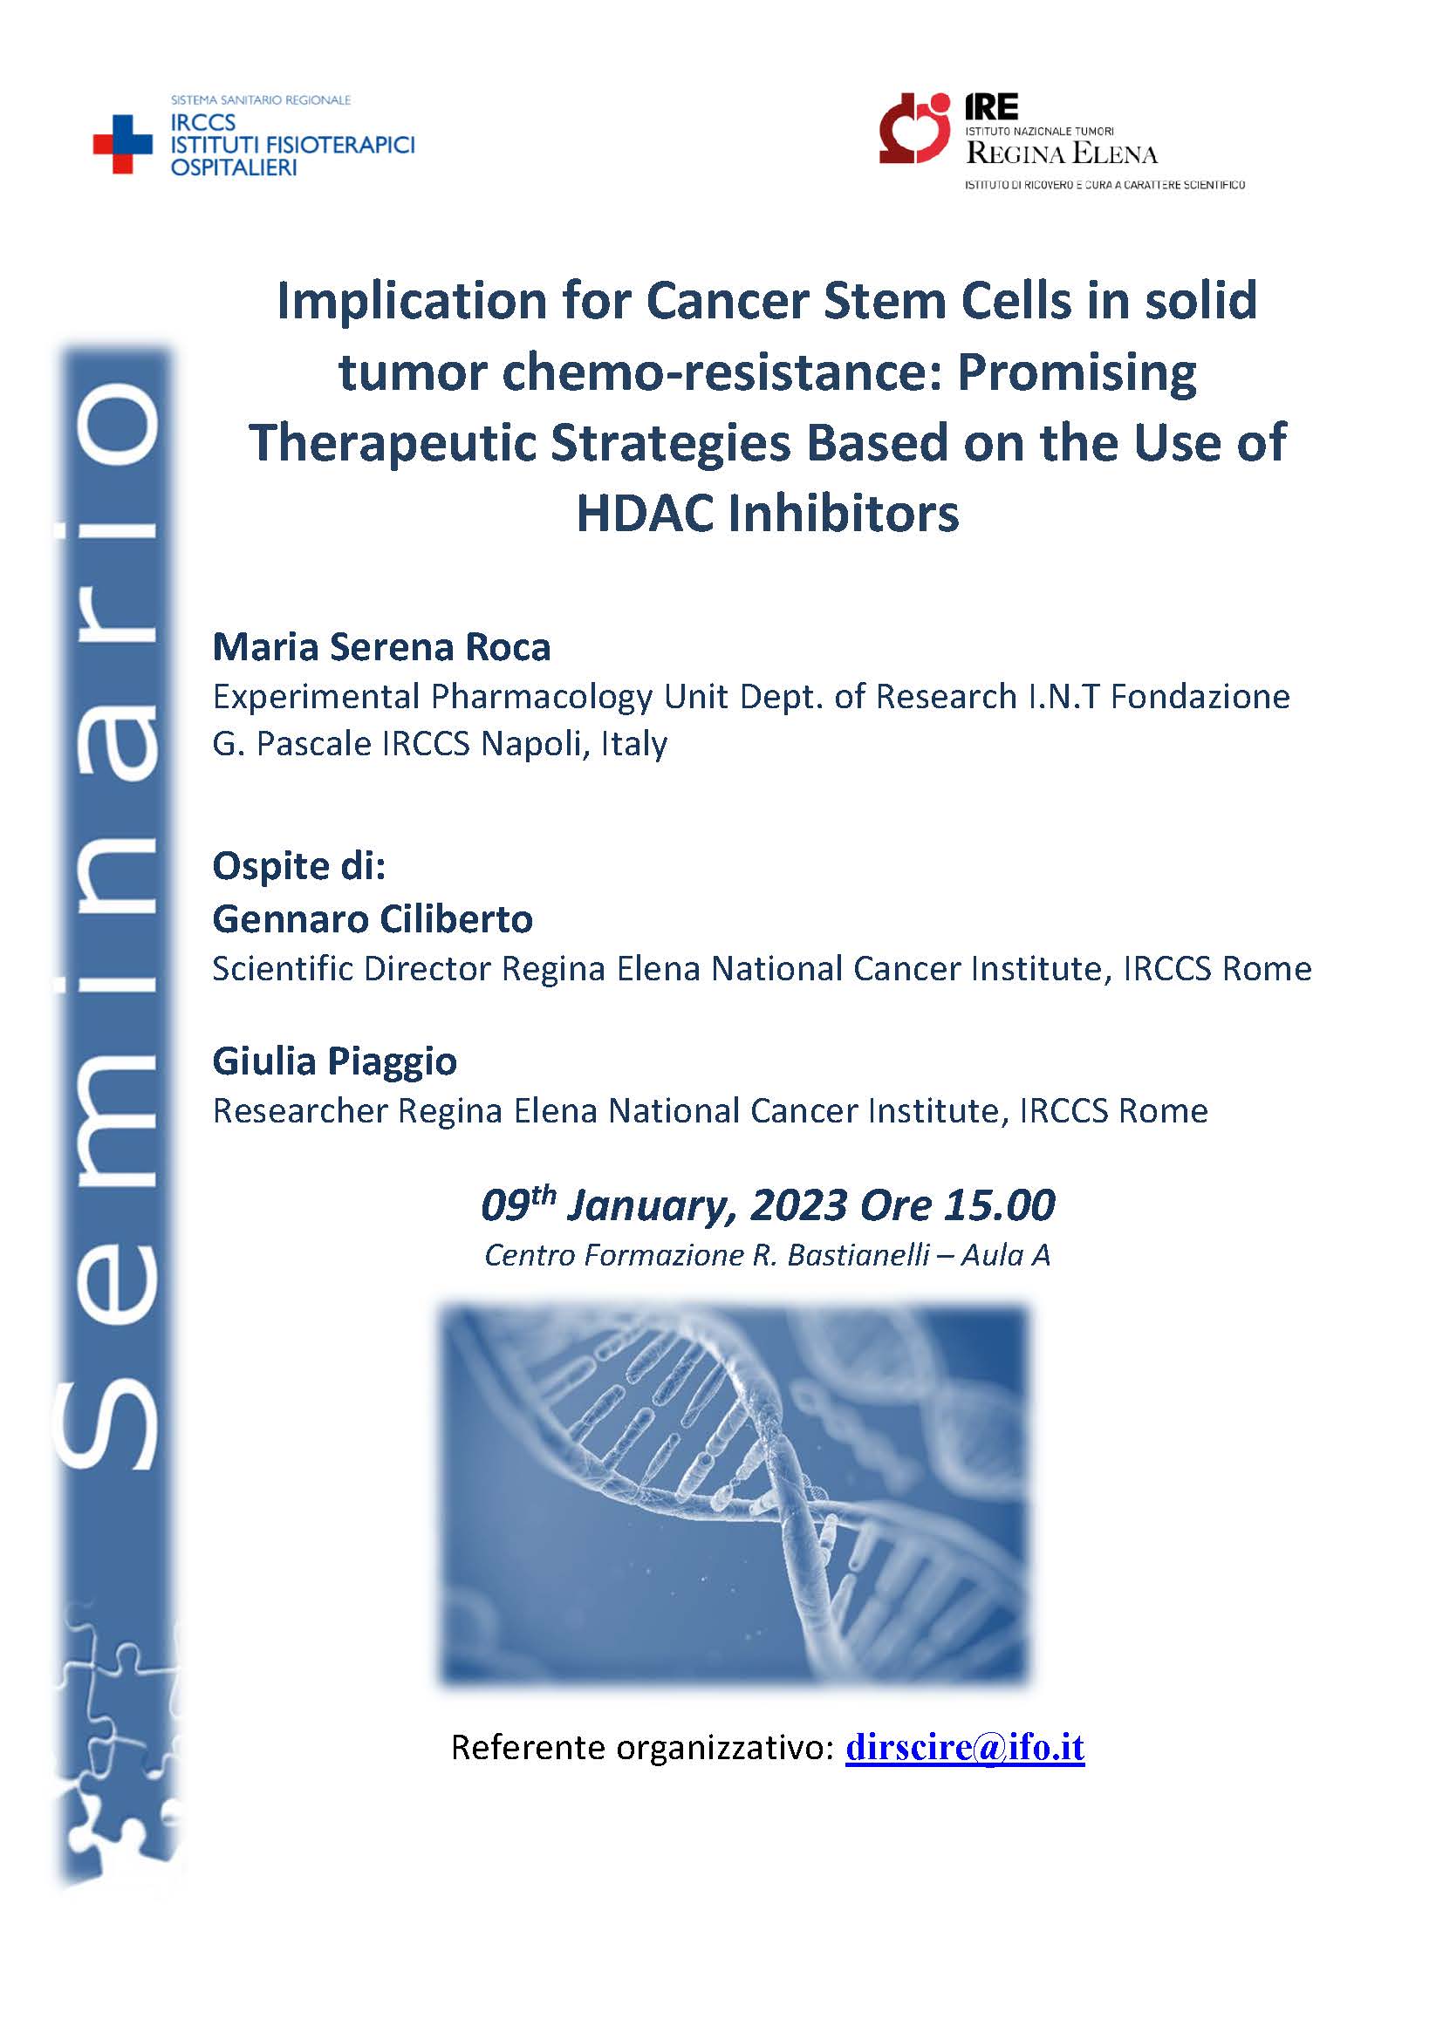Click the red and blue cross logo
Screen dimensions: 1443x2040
tap(123, 144)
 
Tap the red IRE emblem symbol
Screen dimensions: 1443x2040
tap(915, 128)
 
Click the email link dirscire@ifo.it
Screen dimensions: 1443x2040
tap(965, 1747)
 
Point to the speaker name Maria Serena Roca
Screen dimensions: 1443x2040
tap(381, 647)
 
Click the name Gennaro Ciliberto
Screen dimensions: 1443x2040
tap(373, 918)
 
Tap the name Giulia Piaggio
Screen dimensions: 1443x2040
tap(335, 1061)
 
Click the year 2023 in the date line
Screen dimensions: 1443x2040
tap(798, 1204)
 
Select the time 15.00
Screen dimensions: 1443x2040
tap(1000, 1204)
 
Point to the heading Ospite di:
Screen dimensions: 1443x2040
tap(299, 866)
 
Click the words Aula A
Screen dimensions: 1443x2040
tap(1006, 1254)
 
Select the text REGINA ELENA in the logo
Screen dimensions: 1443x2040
tap(1062, 154)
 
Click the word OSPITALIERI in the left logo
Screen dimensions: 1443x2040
tap(234, 167)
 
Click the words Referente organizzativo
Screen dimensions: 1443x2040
tap(642, 1747)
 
